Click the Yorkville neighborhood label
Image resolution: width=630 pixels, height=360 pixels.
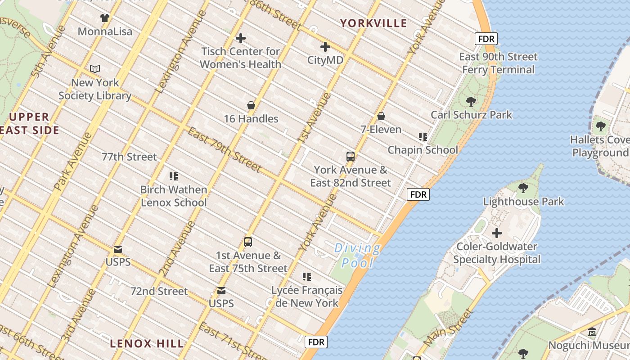[373, 23]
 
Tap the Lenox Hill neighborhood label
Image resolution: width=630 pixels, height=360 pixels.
[147, 343]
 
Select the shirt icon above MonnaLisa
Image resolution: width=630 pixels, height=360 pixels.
[105, 18]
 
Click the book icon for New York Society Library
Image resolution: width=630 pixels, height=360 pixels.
[95, 69]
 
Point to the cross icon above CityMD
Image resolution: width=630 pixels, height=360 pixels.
[325, 47]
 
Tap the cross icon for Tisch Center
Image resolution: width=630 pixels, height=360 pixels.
[241, 38]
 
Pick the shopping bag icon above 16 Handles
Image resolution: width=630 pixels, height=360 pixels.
[251, 106]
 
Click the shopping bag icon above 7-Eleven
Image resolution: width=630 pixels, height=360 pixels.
[381, 117]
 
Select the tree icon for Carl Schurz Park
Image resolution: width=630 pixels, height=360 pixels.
[471, 102]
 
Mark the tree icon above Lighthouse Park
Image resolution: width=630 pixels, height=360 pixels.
[523, 188]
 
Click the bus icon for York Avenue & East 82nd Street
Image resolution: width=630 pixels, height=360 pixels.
[351, 157]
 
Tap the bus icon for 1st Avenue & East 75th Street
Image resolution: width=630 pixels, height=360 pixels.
[248, 242]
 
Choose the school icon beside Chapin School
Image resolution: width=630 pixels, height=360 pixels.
[423, 137]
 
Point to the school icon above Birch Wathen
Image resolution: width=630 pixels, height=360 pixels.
[174, 176]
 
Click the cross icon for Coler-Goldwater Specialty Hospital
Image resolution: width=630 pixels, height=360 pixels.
[497, 233]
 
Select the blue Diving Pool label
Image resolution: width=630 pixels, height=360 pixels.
[358, 255]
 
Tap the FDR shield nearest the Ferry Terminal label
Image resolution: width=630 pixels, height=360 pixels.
[486, 39]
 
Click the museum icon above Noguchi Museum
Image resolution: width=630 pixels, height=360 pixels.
[592, 332]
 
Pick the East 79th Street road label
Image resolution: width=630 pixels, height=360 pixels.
[224, 150]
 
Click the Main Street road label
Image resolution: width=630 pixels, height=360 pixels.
[448, 327]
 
